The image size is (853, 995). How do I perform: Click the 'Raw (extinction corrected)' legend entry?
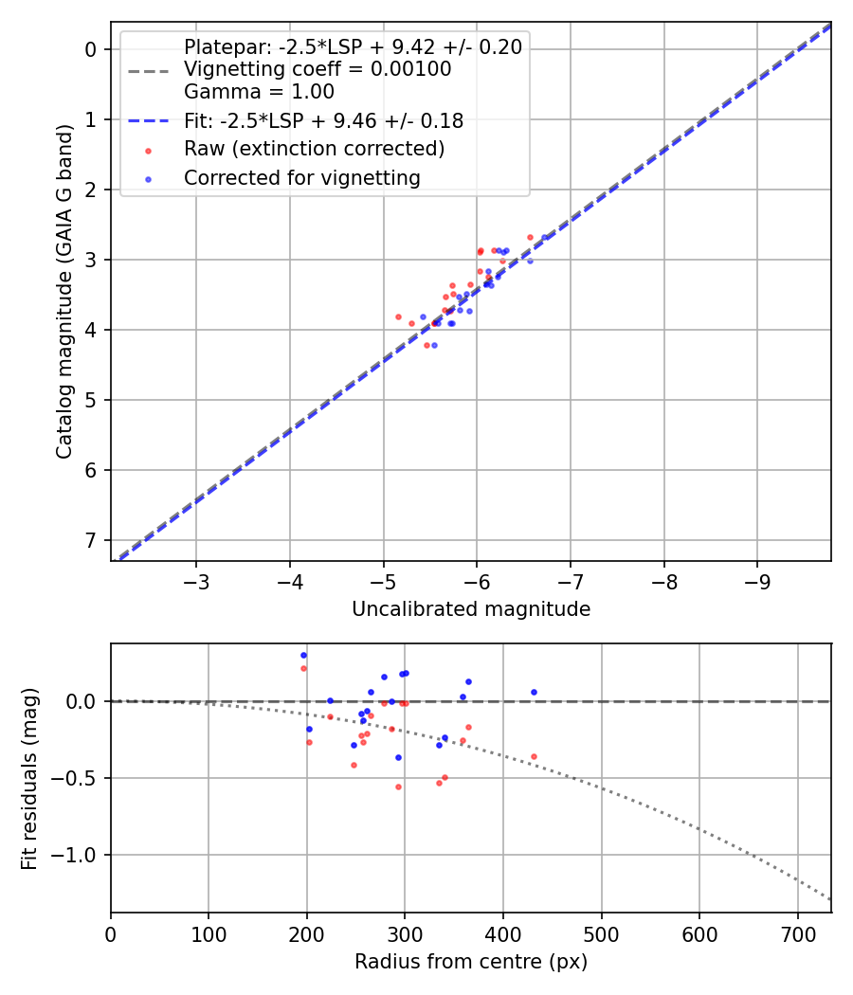(x=314, y=149)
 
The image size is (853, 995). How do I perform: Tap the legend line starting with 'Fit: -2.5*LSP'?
(x=323, y=120)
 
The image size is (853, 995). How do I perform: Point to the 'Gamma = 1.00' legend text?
(x=259, y=92)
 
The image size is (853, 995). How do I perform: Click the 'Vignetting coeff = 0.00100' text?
(x=318, y=69)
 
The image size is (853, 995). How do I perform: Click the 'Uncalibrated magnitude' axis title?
(x=471, y=609)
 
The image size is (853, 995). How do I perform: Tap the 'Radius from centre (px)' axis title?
(x=471, y=962)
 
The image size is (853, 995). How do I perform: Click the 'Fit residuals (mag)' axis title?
(x=29, y=778)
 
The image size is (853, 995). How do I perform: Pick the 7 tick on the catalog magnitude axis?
(x=91, y=540)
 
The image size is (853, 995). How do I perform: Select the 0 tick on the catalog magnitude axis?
(x=91, y=49)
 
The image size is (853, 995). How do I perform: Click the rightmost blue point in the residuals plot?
(x=534, y=692)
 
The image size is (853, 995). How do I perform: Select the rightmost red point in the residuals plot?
(x=534, y=756)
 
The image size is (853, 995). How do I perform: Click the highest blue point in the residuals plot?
(x=303, y=655)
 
